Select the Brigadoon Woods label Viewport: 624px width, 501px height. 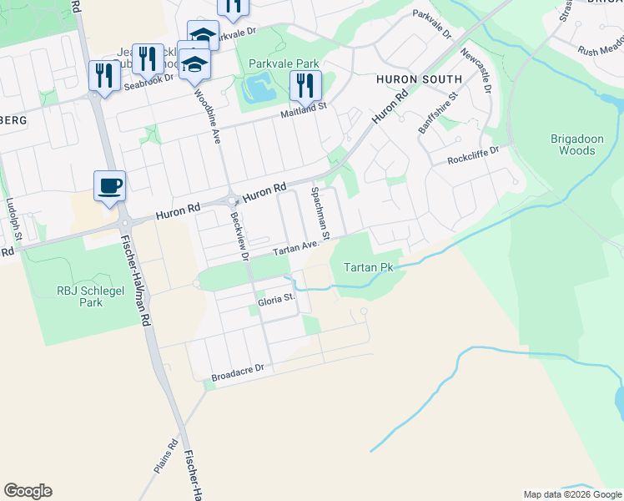[573, 144]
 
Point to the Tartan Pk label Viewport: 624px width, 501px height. [368, 268]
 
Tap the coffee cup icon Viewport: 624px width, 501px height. [109, 185]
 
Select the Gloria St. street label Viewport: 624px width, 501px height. [276, 298]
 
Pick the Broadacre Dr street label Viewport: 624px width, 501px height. [238, 367]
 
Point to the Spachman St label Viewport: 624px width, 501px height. [321, 210]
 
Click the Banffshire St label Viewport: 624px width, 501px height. [439, 113]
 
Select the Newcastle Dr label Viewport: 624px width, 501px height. [478, 72]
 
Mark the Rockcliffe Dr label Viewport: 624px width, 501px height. [472, 155]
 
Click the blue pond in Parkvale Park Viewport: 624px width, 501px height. [258, 88]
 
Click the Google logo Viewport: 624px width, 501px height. [28, 491]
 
